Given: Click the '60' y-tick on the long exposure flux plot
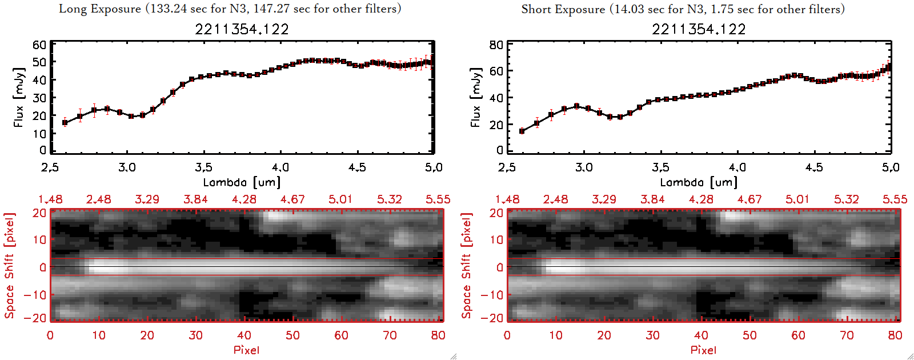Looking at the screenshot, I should coord(39,45).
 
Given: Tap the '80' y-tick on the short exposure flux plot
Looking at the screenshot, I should coord(496,45).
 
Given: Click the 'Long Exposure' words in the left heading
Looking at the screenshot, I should coord(100,9).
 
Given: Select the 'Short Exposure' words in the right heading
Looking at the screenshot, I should coord(563,9).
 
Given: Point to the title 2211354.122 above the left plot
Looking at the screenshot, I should coord(242,29).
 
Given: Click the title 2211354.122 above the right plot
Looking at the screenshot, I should coord(699,29).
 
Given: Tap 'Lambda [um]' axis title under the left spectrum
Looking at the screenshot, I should coord(242,182).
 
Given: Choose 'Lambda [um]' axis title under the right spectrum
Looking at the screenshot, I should coord(699,182).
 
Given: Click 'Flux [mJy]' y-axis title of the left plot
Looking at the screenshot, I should coord(19,97).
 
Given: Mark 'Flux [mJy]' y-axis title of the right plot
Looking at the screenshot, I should coord(476,97).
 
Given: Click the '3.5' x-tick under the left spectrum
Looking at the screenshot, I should coord(203,167).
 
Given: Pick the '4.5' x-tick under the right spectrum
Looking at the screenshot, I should coord(814,167).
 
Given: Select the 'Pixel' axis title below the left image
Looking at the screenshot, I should coord(246,350).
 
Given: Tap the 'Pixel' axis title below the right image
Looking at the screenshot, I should coord(703,350).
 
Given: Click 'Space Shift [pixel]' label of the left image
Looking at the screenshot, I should coord(9,266).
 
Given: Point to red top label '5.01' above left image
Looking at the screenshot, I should coord(340,199).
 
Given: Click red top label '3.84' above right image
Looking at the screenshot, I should coord(652,199).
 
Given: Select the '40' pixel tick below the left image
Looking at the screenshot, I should coord(244,335).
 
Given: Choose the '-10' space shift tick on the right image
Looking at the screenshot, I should coord(492,295).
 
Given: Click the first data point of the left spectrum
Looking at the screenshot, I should coord(65,122).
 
